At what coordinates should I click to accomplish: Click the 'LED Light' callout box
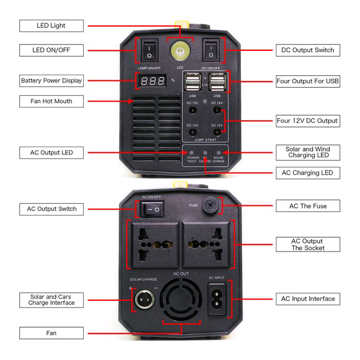click(x=51, y=25)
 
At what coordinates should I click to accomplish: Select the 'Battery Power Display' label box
click(x=51, y=81)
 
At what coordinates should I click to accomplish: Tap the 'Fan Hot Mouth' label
click(x=51, y=101)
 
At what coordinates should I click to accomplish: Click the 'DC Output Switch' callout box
click(x=308, y=50)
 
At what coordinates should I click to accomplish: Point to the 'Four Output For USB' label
click(x=308, y=82)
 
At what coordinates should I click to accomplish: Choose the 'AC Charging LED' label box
click(x=308, y=173)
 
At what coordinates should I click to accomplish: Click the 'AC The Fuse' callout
click(x=308, y=206)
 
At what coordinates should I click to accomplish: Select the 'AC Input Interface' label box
click(x=308, y=299)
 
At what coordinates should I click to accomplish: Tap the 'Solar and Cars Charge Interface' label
click(x=51, y=300)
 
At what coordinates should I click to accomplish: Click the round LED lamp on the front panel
click(x=180, y=51)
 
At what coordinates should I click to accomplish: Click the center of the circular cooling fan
click(x=180, y=301)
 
